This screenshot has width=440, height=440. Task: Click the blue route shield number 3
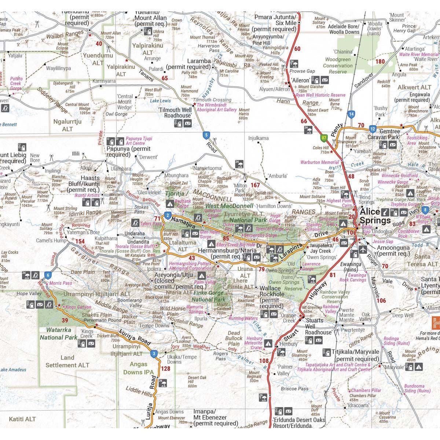pyautogui.click(x=154, y=353)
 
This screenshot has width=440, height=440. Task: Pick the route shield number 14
pyautogui.click(x=351, y=114)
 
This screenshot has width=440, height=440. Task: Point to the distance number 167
pyautogui.click(x=255, y=185)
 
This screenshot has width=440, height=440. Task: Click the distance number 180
pyautogui.click(x=380, y=61)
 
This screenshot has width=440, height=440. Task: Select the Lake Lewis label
pyautogui.click(x=160, y=101)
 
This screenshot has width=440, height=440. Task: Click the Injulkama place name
pyautogui.click(x=258, y=138)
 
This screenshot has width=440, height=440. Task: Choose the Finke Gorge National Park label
pyautogui.click(x=211, y=296)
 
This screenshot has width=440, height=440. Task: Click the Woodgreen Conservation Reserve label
pyautogui.click(x=338, y=65)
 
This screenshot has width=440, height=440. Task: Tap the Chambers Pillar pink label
pyautogui.click(x=366, y=390)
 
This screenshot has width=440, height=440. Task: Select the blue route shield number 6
pyautogui.click(x=47, y=275)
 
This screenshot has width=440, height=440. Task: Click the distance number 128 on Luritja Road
pyautogui.click(x=166, y=368)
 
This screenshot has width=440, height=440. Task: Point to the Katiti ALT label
pyautogui.click(x=22, y=418)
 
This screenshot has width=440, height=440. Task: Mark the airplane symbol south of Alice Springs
pyautogui.click(x=363, y=249)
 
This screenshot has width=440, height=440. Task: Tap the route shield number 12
pyautogui.click(x=373, y=129)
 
